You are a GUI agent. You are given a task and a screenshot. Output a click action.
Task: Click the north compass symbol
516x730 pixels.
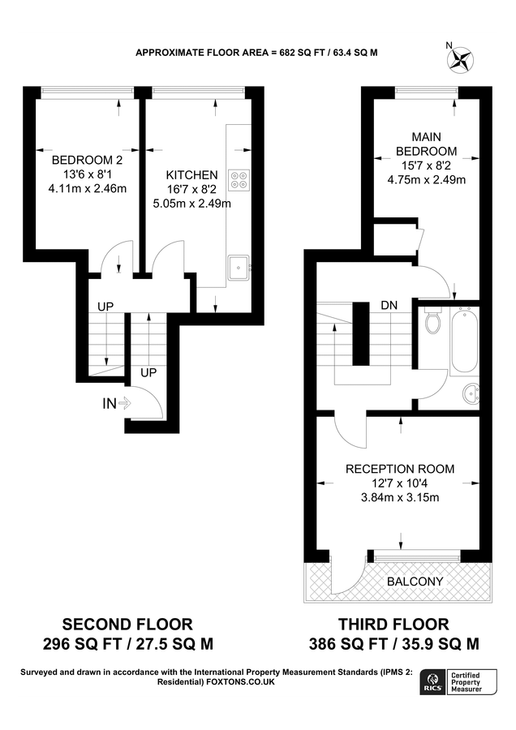[x=462, y=58]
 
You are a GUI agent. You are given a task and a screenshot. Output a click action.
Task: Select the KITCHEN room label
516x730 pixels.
[x=191, y=174]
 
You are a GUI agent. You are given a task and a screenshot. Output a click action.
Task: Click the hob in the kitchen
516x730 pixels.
[x=239, y=178]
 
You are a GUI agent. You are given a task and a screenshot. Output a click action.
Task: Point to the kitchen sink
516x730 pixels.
[x=239, y=265]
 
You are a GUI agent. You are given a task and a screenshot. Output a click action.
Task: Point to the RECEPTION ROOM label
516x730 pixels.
[x=400, y=469]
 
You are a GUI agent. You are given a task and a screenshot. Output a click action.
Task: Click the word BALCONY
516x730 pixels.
[x=415, y=582]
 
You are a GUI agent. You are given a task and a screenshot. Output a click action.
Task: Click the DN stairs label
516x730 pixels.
[x=389, y=306]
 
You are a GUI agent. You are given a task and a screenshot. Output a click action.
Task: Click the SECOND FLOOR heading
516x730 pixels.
[x=128, y=624]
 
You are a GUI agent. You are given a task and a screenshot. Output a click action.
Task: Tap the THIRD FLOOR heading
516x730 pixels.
[x=393, y=624]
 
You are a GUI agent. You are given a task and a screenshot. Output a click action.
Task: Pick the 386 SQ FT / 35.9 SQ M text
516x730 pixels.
[x=393, y=645]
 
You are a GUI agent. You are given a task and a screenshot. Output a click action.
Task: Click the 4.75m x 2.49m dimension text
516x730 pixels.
[x=425, y=180]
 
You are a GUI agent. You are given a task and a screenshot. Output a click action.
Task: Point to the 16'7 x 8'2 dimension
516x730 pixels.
[x=191, y=189]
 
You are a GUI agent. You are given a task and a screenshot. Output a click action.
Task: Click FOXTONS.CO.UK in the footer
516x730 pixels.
[x=242, y=682]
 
